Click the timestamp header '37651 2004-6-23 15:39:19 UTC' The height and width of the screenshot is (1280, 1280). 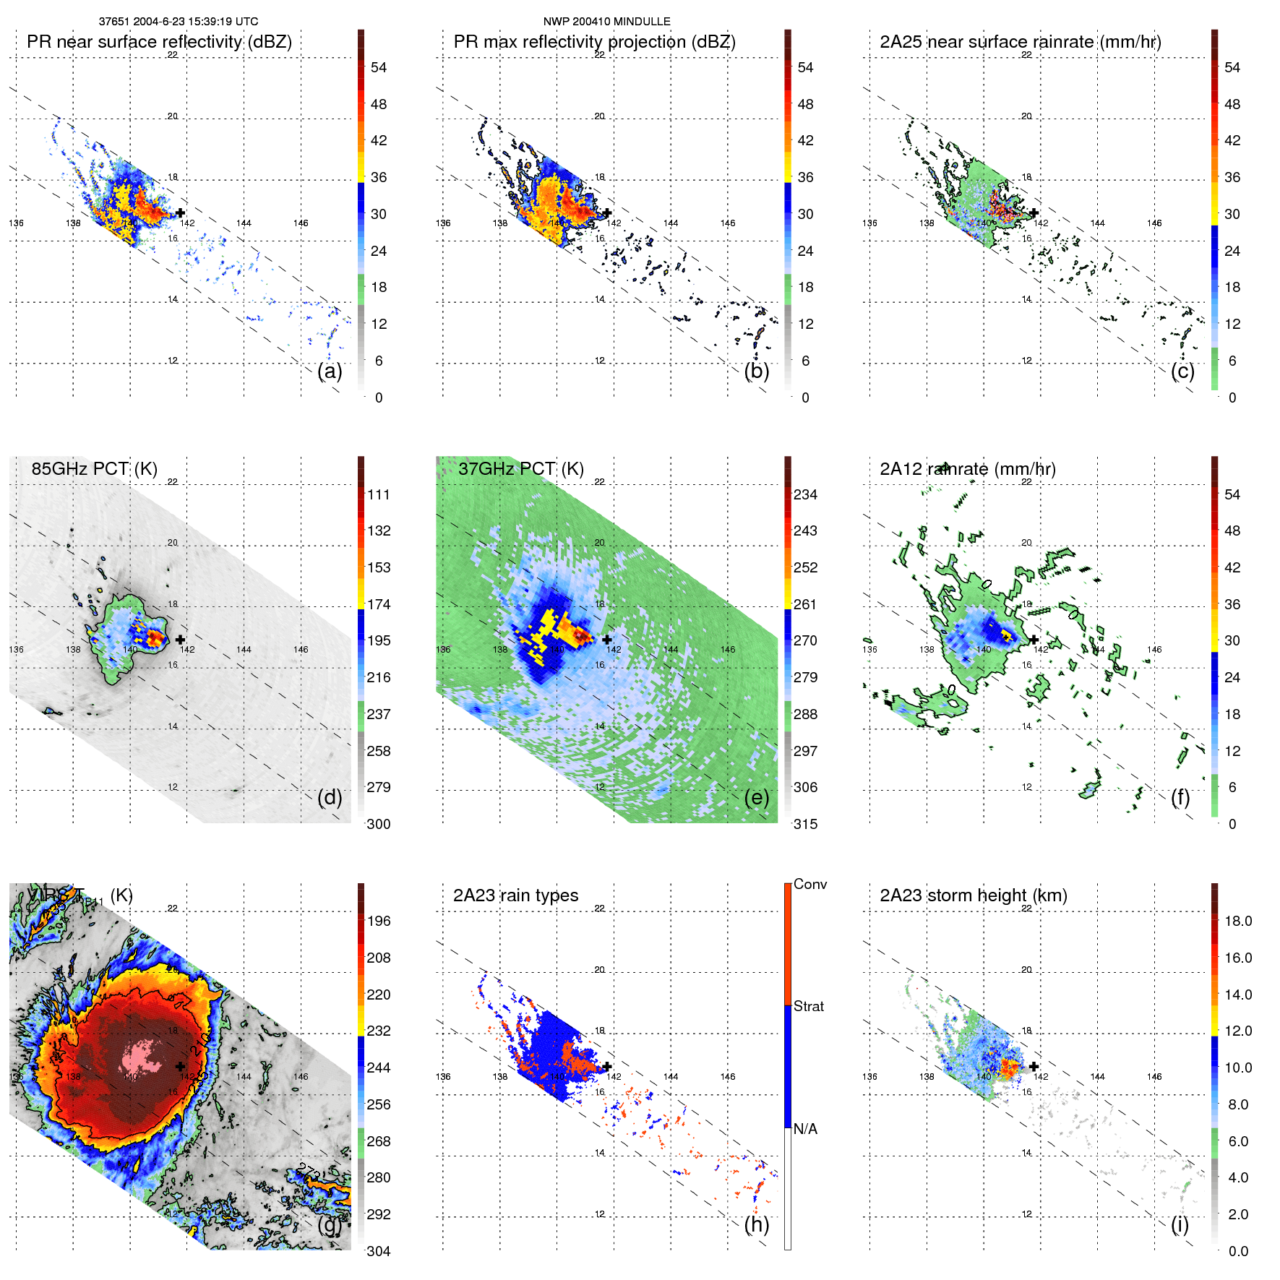[178, 22]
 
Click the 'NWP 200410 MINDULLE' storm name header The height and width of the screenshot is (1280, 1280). [606, 22]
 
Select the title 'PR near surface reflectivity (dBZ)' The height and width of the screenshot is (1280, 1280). [159, 42]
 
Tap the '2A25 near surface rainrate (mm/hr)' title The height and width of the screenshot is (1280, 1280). [1020, 42]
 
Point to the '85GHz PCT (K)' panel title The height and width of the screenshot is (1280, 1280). [94, 469]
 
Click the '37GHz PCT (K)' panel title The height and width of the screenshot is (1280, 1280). [520, 469]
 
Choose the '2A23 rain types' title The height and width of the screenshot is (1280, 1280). [515, 895]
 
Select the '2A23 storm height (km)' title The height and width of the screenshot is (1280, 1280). [973, 895]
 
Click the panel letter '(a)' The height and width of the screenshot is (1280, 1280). [330, 371]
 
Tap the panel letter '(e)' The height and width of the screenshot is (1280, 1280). [756, 797]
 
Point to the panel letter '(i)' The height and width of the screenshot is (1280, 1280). [1180, 1224]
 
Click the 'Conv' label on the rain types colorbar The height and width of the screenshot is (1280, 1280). [809, 884]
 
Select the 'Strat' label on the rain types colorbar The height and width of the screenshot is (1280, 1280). [808, 1006]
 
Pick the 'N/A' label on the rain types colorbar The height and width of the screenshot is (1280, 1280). [805, 1129]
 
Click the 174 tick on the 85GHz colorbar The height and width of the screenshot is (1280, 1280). [379, 604]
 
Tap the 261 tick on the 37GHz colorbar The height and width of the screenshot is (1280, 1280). [805, 604]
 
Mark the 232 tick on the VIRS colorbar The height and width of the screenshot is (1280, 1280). [379, 1031]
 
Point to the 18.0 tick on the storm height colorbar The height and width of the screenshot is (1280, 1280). [1237, 921]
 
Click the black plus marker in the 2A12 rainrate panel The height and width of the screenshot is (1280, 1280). [1034, 640]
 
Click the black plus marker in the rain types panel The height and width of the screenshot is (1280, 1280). [607, 1066]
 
